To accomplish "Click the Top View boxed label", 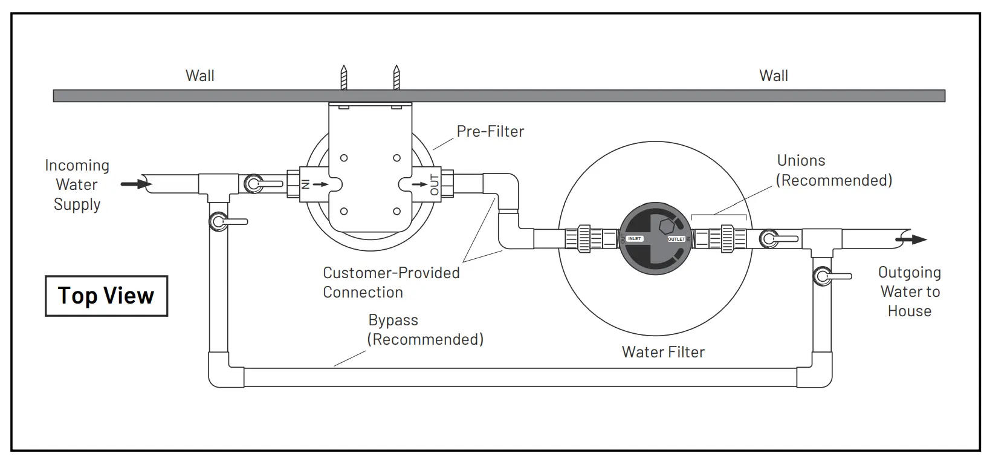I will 106,296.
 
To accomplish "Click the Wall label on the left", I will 199,76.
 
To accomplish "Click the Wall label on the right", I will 773,76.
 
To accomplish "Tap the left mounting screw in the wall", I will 344,77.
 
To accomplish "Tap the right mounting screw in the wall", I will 396,77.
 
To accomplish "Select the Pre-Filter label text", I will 490,131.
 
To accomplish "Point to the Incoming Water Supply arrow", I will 135,183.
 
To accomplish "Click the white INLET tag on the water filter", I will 634,239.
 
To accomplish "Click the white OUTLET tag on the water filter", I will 676,239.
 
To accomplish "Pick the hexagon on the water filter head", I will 666,228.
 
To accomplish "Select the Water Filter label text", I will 663,352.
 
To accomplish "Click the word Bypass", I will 393,320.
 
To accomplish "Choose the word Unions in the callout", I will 801,160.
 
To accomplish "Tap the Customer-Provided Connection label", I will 391,282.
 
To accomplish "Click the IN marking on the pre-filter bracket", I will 305,183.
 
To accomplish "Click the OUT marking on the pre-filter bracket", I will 435,184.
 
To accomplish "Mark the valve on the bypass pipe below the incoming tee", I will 220,222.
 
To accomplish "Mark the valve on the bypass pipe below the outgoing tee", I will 824,276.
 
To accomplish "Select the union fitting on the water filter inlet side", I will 584,239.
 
